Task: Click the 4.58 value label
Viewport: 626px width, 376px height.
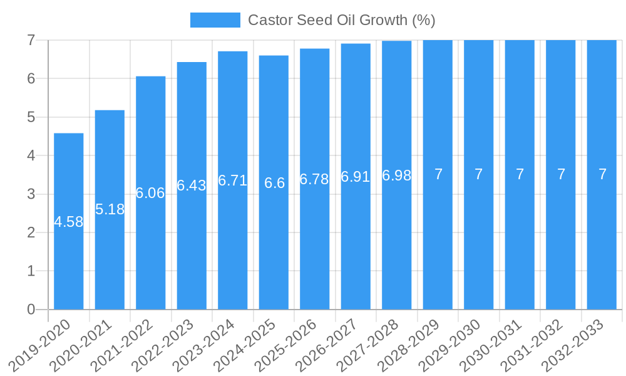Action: pos(69,222)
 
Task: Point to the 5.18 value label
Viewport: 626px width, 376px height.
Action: pos(110,209)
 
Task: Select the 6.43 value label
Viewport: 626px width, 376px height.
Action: pos(192,185)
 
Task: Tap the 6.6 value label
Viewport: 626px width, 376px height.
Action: pos(274,183)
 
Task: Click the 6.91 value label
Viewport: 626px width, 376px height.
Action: pos(356,177)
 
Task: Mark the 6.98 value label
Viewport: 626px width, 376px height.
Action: pos(397,175)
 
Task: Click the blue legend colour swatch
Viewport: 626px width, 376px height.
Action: pos(215,20)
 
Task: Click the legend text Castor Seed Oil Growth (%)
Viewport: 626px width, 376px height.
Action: pos(341,20)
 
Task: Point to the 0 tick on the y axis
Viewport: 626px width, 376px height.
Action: pos(31,310)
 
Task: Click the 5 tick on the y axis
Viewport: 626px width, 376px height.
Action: pos(31,117)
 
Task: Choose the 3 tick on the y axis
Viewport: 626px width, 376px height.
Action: pos(31,194)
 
